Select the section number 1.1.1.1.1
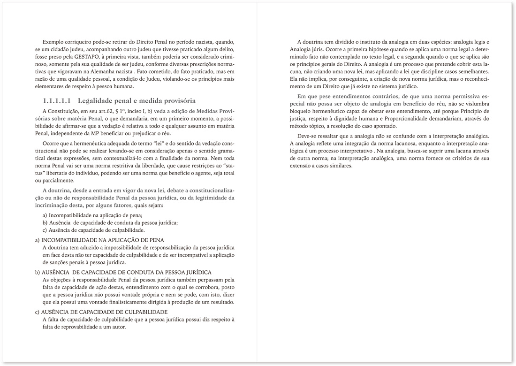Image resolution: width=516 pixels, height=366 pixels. pos(56,100)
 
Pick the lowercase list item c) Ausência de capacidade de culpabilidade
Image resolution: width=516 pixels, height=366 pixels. pos(93,230)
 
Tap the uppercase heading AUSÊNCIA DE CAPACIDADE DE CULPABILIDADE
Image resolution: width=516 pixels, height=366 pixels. pos(104,312)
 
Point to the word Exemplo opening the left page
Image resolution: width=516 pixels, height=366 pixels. pos(53,42)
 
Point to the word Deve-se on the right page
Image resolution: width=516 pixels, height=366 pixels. pos(308,136)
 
